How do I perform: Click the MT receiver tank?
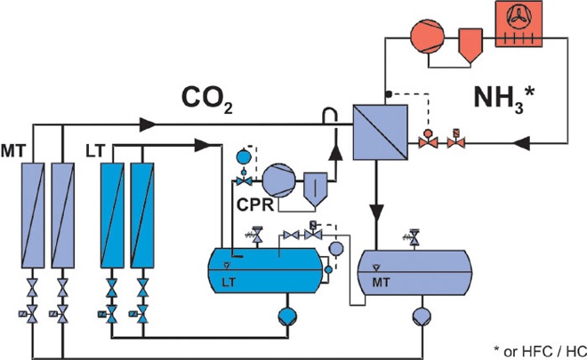click(414, 268)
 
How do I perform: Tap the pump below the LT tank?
click(289, 316)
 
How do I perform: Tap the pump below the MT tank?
click(421, 316)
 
